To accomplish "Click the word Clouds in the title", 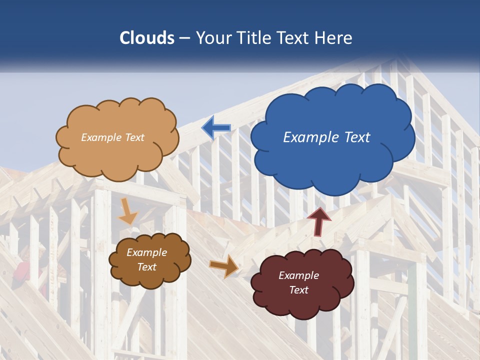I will tap(147, 38).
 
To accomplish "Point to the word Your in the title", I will tap(214, 38).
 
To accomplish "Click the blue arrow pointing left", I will tap(216, 128).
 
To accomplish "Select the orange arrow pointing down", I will tap(128, 211).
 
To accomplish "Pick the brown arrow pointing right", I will tap(224, 266).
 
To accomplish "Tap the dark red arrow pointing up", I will tap(318, 221).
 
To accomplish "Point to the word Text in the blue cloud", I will tap(357, 137).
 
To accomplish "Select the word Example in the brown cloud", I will tap(146, 252).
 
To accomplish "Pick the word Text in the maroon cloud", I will tap(298, 290).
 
